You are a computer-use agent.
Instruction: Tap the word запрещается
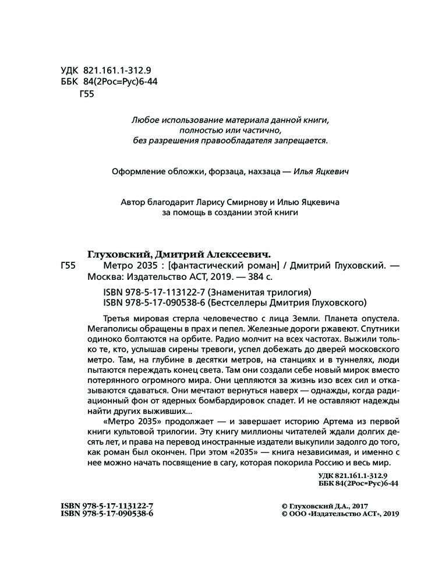pyautogui.click(x=303, y=140)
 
